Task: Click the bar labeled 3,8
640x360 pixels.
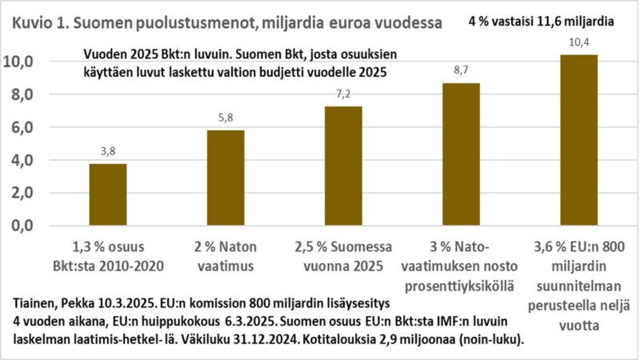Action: tap(107, 194)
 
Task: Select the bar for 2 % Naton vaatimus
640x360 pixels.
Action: tap(226, 178)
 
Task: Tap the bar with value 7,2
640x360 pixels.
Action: tap(343, 166)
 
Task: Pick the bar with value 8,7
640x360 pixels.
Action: tap(461, 154)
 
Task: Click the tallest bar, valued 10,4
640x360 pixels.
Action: tap(578, 140)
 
